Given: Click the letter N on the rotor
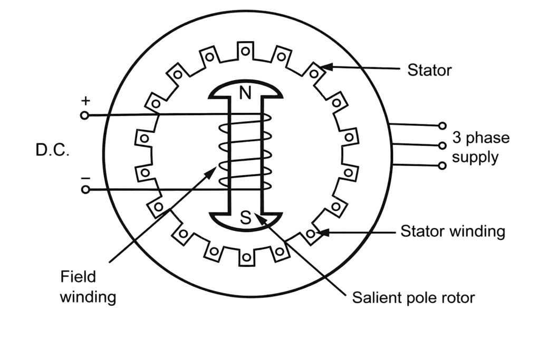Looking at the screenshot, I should coord(245,93).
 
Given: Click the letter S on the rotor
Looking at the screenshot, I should coord(246,218).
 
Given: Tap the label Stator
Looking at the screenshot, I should coord(429,70).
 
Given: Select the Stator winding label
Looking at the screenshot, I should coord(452,231).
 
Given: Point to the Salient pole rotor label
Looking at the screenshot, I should coord(413,298).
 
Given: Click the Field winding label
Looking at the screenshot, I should coord(88,287).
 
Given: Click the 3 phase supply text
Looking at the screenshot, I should coord(480,148).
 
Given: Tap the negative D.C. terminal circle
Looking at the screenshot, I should coord(85,189).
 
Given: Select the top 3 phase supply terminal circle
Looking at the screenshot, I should coord(442,126).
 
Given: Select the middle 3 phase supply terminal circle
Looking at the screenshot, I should coord(442,145).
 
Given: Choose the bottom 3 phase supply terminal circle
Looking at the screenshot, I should coord(442,166).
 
